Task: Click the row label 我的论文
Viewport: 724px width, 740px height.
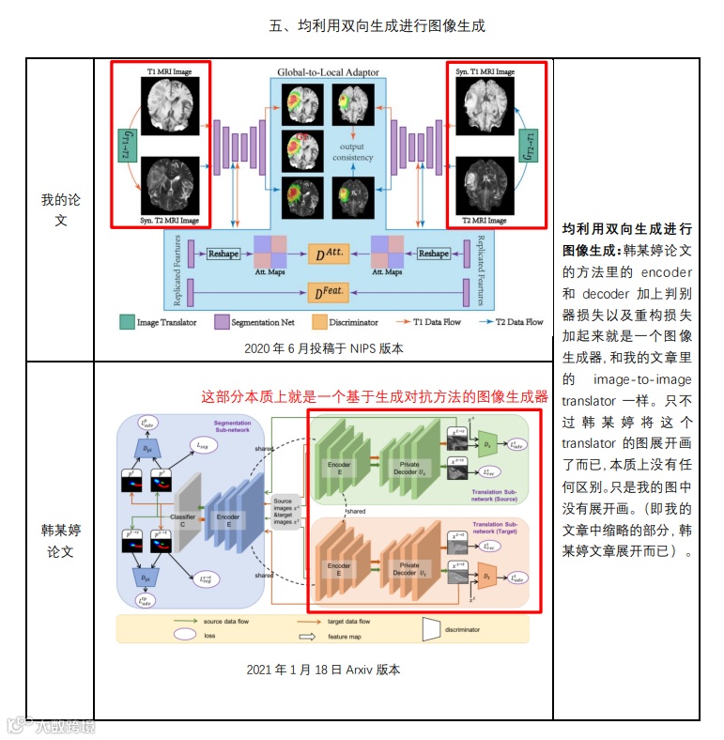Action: point(59,209)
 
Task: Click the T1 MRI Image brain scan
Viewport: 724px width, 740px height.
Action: point(170,106)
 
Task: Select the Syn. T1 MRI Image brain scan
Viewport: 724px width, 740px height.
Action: point(485,105)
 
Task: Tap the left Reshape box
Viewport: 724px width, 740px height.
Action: point(223,254)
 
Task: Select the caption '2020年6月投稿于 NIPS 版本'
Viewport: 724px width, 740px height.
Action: point(323,348)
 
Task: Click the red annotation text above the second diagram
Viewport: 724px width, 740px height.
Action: point(375,396)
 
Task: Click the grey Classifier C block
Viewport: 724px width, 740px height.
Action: point(185,516)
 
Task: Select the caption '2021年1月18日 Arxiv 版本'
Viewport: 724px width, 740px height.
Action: point(324,670)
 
